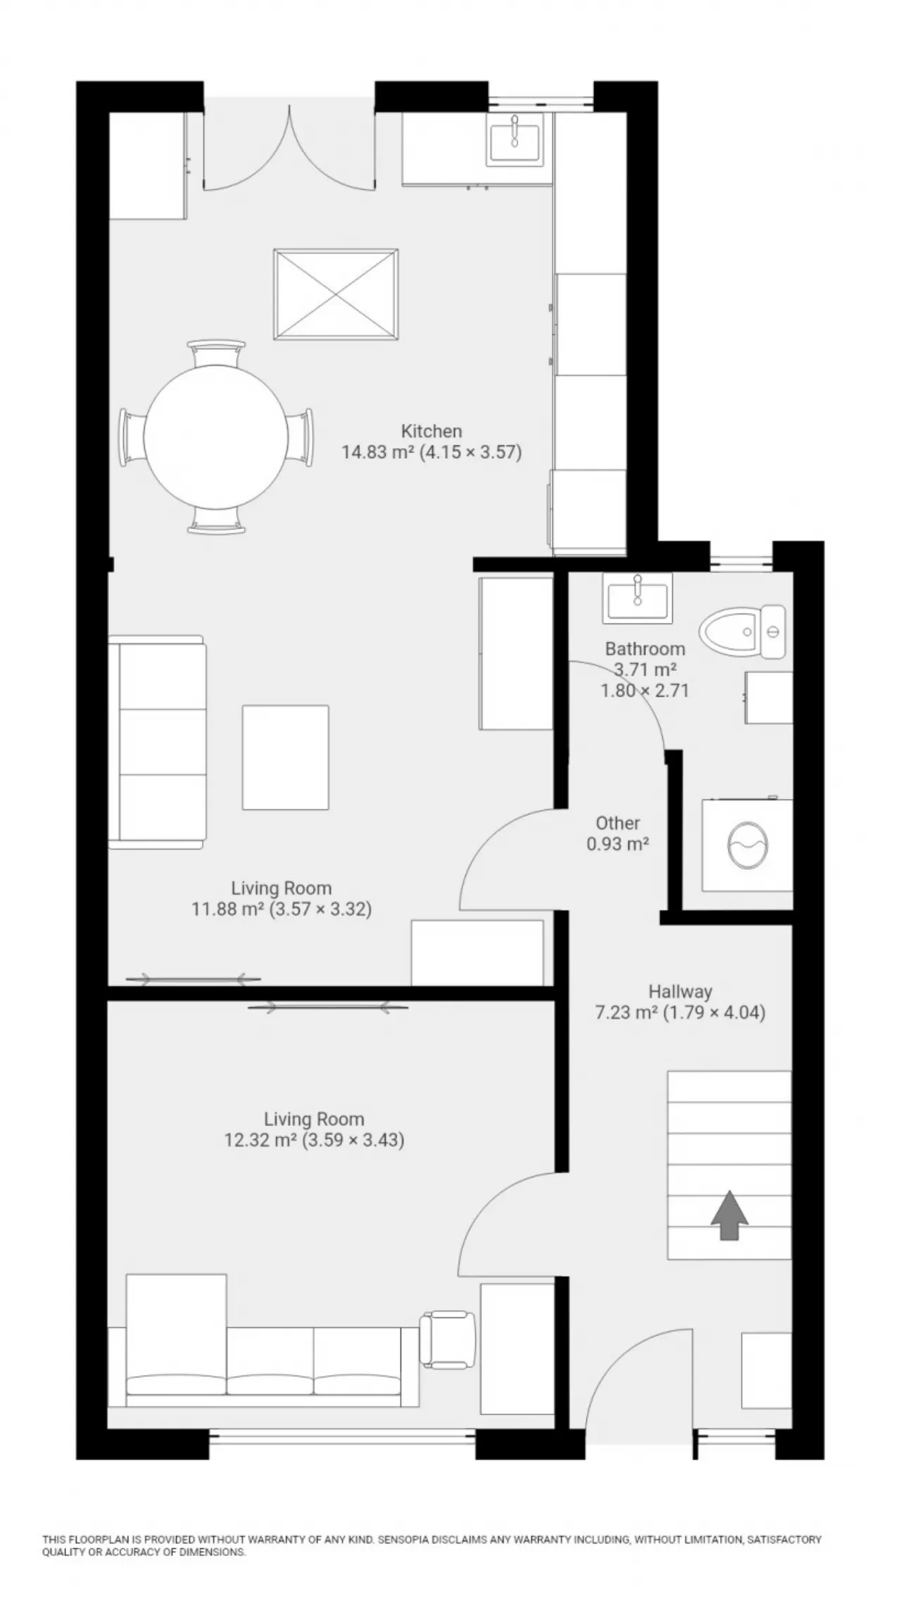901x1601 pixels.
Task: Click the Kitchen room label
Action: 431,431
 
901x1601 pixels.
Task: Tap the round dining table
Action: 216,436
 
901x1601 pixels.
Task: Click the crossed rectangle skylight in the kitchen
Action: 335,293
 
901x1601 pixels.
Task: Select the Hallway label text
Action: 680,992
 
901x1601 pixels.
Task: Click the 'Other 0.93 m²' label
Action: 617,833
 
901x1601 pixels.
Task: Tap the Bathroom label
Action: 645,648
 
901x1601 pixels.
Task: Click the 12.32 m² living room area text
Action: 314,1140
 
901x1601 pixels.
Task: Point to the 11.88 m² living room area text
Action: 282,909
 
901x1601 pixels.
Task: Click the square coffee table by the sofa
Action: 285,757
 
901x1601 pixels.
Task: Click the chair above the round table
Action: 217,352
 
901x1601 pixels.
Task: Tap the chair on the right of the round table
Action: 301,436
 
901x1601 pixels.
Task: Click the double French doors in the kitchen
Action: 289,151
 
